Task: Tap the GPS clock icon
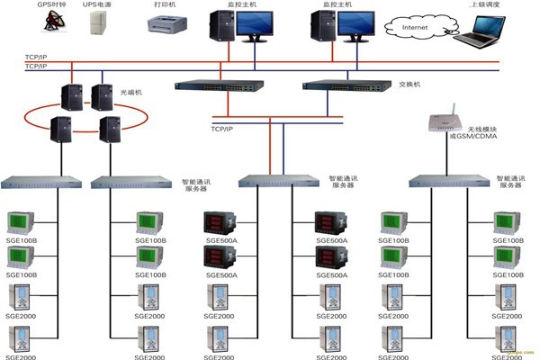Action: point(49,22)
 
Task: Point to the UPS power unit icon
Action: point(98,23)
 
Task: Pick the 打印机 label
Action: point(166,4)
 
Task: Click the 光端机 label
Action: point(131,92)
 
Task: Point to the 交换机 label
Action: point(410,85)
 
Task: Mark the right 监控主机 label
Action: point(348,4)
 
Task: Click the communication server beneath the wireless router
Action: point(447,181)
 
